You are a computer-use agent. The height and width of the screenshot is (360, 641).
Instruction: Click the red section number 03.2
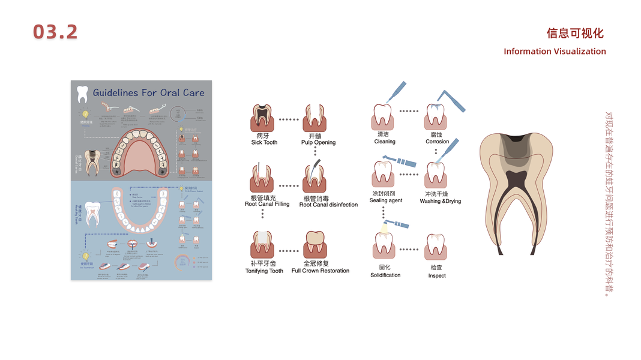[x=55, y=32]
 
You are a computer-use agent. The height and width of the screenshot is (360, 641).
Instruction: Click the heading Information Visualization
[x=555, y=52]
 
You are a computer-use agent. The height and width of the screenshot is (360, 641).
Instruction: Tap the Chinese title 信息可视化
[x=574, y=34]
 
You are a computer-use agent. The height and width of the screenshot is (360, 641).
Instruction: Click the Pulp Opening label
[x=318, y=143]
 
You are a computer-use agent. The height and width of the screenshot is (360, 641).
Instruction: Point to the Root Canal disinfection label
[x=328, y=205]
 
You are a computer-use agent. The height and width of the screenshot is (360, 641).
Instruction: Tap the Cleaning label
[x=385, y=142]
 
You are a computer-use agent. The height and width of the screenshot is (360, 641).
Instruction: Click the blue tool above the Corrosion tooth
[x=452, y=100]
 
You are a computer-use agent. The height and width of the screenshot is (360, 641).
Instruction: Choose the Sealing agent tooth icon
[x=384, y=175]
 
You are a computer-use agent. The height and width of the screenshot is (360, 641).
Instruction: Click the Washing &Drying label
[x=441, y=202]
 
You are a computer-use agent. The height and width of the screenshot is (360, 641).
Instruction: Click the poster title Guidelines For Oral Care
[x=148, y=93]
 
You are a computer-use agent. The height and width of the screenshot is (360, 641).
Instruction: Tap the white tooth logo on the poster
[x=83, y=94]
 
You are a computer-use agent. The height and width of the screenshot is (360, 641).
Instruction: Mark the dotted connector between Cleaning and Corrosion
[x=409, y=111]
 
